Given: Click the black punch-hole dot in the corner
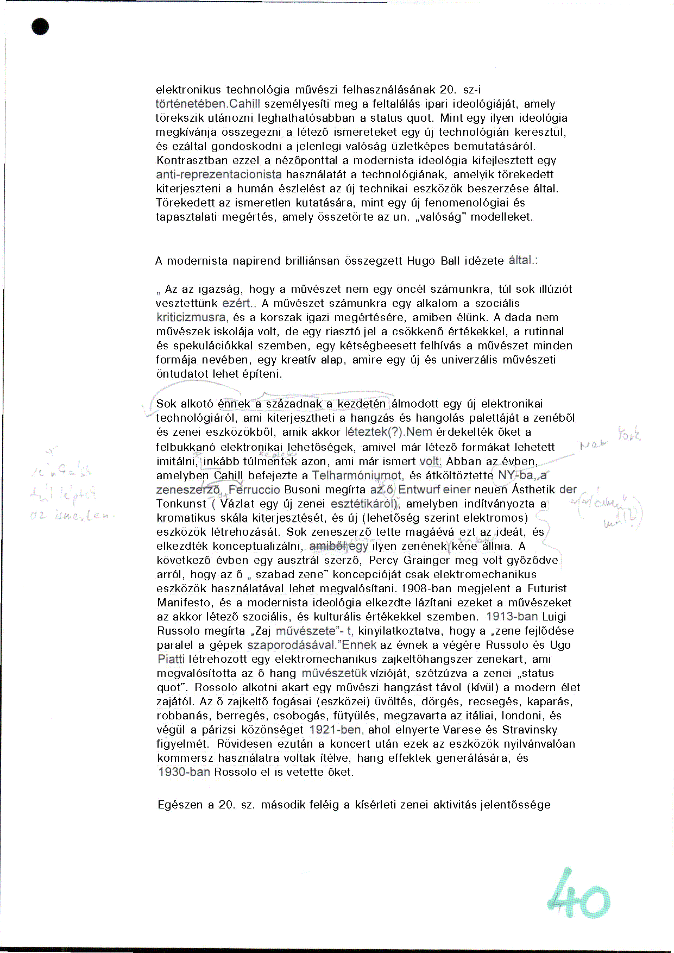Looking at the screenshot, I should coord(40,27).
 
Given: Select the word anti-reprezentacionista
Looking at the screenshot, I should coord(219,174).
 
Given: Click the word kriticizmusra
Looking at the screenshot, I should coord(191,317).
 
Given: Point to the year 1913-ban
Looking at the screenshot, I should coord(512,617).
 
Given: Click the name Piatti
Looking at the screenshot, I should coord(171,659).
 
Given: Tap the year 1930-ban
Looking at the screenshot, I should coord(184,772).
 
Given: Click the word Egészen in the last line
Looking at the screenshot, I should coord(180,805).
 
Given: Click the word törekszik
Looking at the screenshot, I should coord(178,118).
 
